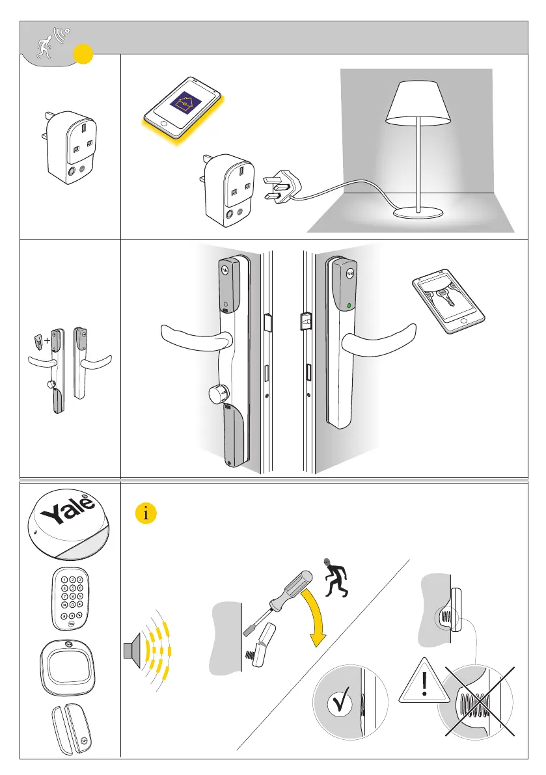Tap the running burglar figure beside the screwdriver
click(336, 577)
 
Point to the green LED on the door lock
click(348, 306)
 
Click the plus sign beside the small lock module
click(48, 340)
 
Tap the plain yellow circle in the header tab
click(81, 55)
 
